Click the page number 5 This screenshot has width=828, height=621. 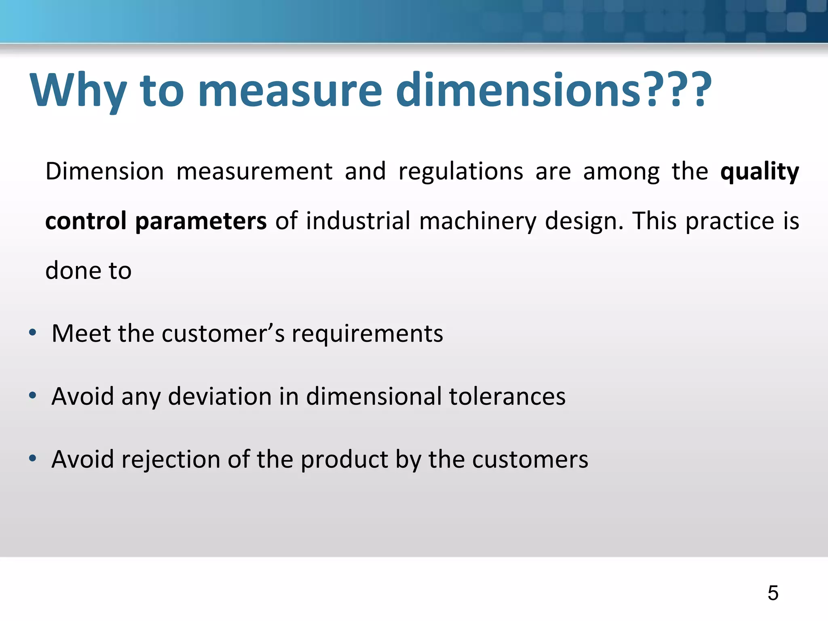click(x=773, y=593)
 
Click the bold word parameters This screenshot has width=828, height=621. click(x=201, y=221)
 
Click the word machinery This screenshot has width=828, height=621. click(x=477, y=221)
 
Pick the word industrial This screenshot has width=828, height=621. click(x=358, y=221)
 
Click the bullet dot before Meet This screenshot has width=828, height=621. click(x=33, y=333)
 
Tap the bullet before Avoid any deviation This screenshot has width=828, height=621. click(x=33, y=395)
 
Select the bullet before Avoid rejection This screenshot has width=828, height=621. click(x=33, y=458)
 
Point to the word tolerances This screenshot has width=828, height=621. click(x=507, y=396)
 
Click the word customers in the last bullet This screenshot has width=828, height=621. click(x=530, y=460)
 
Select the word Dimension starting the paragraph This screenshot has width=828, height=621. click(x=104, y=171)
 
